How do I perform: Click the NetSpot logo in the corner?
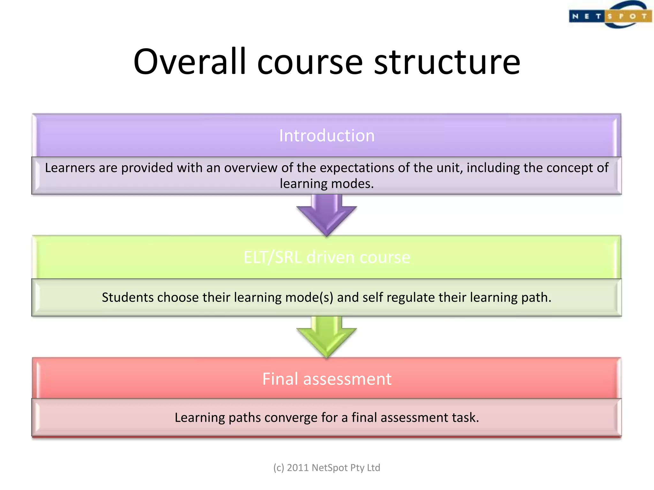coord(610,15)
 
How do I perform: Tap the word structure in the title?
coord(447,62)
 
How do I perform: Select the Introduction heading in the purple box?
coord(327,136)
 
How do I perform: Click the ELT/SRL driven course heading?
coord(327,257)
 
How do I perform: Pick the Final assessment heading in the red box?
coord(327,379)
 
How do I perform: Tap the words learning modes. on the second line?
coord(327,184)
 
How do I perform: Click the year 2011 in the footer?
coord(298,468)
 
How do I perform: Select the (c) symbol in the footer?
coord(278,468)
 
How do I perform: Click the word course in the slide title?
coord(310,62)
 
